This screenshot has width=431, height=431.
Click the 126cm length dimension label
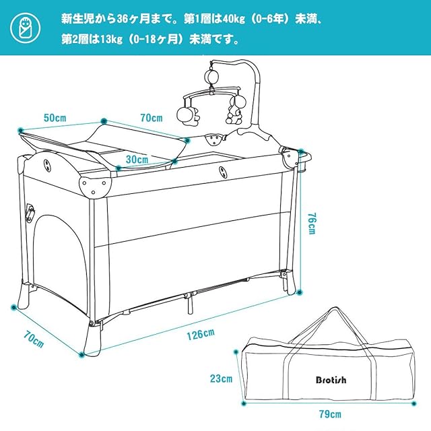(x=200, y=333)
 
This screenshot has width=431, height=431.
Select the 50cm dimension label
(x=55, y=117)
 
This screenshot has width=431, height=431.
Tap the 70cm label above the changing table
(x=152, y=118)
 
